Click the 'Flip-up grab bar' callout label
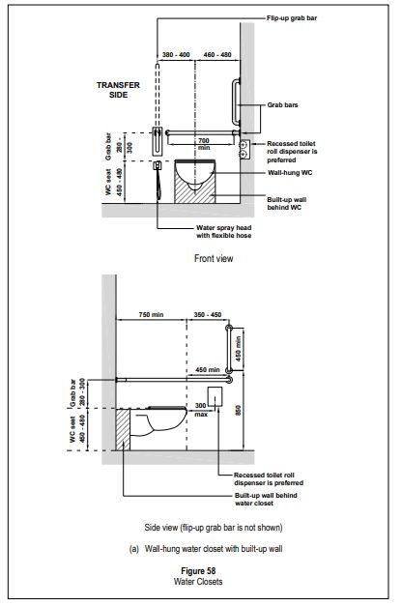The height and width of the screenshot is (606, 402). click(292, 17)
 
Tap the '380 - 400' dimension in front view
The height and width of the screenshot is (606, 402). click(176, 55)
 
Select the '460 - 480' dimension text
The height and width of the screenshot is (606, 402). click(217, 55)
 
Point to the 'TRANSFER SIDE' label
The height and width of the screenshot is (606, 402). click(118, 90)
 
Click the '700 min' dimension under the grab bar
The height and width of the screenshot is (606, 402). click(204, 144)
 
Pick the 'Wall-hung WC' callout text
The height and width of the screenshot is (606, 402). click(290, 173)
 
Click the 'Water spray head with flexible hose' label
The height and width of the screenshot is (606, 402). click(224, 232)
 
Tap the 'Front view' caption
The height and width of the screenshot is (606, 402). click(214, 259)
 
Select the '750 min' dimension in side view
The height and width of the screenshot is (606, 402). click(151, 314)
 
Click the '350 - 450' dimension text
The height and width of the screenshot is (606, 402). click(208, 314)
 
